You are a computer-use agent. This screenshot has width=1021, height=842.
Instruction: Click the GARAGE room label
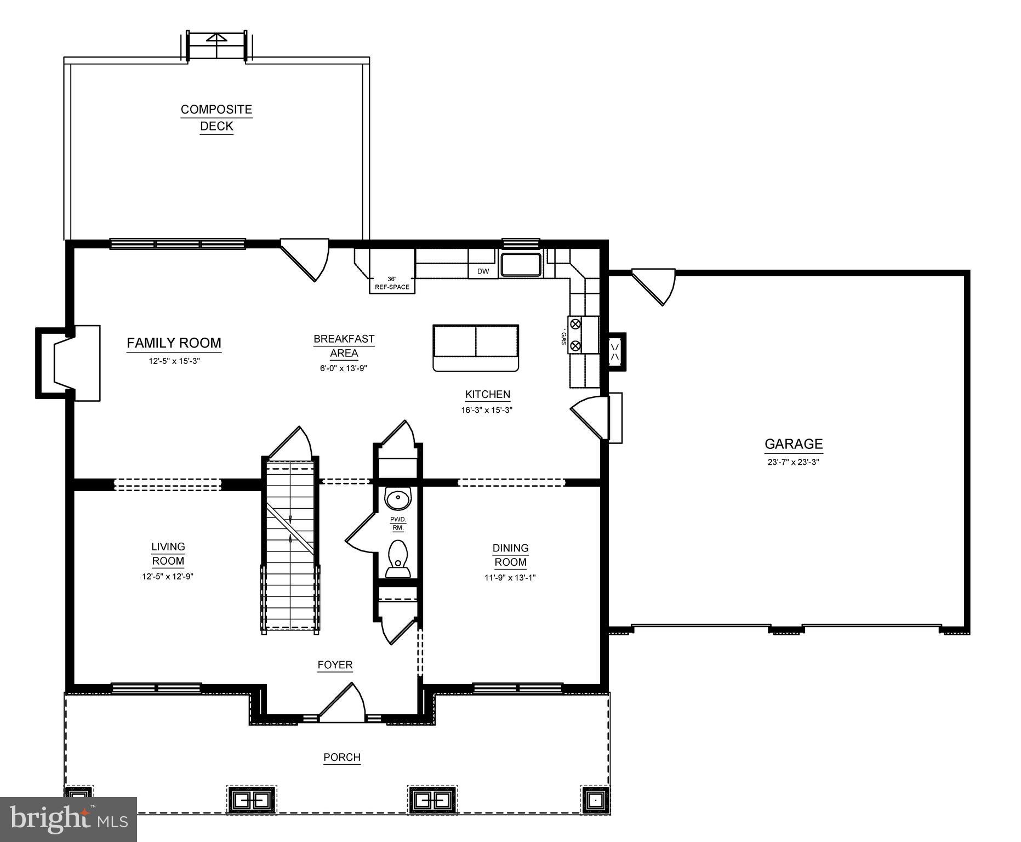[793, 444]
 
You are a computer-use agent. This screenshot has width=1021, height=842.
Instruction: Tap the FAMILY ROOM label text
[174, 343]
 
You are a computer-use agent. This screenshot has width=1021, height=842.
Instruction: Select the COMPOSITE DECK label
[216, 117]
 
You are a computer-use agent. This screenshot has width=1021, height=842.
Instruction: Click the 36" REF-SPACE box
[392, 283]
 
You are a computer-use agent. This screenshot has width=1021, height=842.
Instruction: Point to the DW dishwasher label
[483, 271]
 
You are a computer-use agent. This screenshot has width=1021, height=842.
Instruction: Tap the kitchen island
[475, 348]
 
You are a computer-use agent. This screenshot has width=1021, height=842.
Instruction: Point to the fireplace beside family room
[69, 363]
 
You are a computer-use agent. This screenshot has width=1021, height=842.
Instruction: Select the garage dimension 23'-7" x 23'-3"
[793, 462]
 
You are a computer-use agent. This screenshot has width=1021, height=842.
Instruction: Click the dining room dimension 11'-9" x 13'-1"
[510, 577]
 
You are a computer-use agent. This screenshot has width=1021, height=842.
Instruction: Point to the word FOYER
[335, 665]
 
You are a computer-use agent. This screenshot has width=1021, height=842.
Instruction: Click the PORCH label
[341, 758]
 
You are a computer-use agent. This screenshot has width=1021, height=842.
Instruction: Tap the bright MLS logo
[69, 819]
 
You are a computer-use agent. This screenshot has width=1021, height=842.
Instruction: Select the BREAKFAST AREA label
[344, 346]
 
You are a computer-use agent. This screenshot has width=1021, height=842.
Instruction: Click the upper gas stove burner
[575, 324]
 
